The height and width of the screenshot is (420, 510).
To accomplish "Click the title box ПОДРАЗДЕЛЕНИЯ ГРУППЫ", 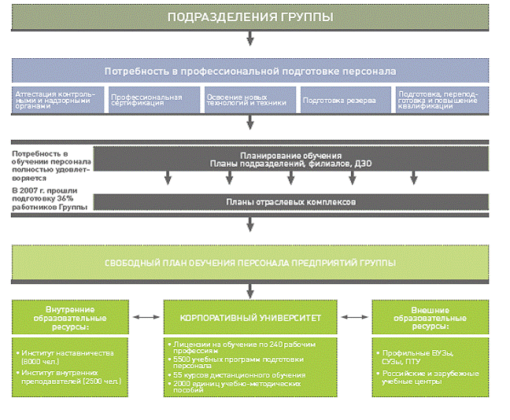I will tap(250, 17).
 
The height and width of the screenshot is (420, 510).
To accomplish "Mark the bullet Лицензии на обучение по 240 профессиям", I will tap(236, 347).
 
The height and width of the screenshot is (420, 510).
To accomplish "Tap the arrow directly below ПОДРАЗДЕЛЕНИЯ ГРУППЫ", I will tap(250, 37).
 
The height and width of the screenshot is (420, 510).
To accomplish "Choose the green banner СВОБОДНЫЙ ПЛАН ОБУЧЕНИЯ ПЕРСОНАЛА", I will tap(250, 262).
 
